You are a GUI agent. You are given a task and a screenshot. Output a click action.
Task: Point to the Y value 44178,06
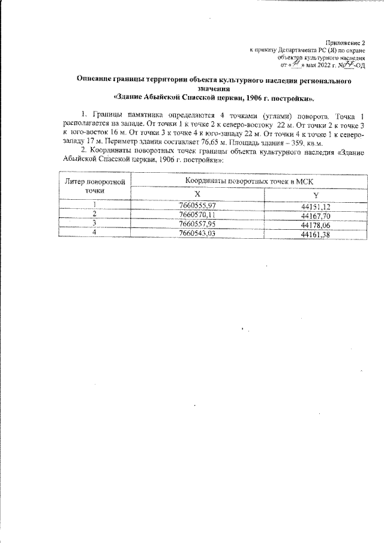tap(316, 224)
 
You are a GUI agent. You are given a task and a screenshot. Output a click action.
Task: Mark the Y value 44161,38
tap(316, 233)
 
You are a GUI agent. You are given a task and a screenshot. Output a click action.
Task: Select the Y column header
tap(316, 195)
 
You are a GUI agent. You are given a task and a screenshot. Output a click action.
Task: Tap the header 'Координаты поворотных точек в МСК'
tap(250, 180)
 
